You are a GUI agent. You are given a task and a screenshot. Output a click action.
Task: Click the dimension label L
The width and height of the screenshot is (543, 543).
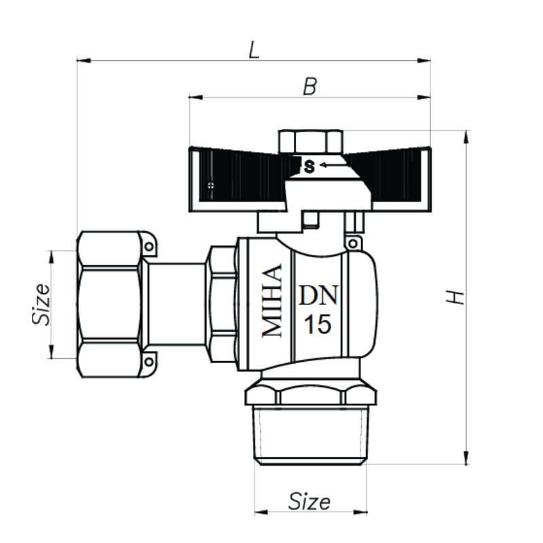pos(254,50)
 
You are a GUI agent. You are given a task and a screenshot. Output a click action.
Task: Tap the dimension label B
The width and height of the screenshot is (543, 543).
pos(310,87)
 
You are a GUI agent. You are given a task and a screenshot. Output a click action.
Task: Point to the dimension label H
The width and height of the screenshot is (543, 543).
pos(455,297)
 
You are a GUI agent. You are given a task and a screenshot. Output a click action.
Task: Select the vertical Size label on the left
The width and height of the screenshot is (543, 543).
pos(41,304)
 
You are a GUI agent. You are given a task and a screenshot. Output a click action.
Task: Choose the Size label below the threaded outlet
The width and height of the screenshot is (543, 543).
pos(310,501)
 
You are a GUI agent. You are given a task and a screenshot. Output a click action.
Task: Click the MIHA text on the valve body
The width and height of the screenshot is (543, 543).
pos(272,301)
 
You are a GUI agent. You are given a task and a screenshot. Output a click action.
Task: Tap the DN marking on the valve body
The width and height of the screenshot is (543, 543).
pos(318,295)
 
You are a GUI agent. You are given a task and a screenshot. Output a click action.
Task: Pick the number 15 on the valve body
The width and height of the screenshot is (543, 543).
pos(318,324)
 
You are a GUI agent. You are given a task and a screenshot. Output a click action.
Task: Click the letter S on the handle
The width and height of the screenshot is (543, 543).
pos(310,166)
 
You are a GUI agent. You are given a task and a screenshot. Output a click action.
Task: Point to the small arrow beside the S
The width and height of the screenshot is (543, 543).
pos(331,165)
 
